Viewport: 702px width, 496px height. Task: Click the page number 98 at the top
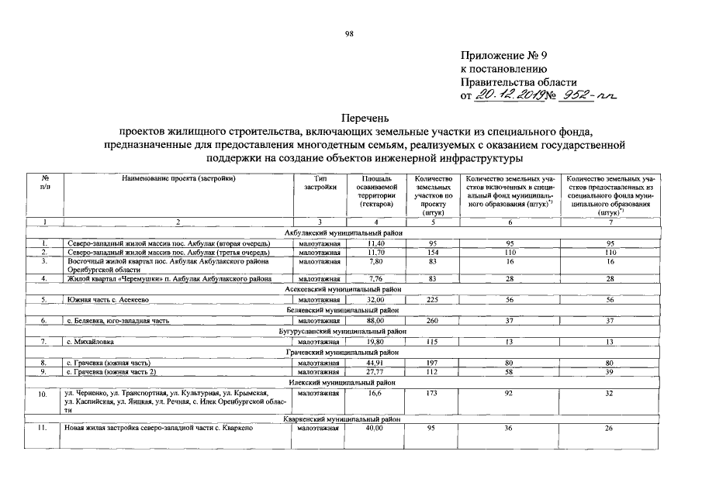coord(351,33)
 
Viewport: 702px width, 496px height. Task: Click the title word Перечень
coord(351,119)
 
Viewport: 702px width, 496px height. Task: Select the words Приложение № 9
coord(508,56)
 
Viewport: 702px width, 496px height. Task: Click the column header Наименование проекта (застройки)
coord(178,179)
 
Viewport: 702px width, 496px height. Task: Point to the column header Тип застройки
coord(320,183)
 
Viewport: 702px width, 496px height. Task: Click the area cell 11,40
coord(376,243)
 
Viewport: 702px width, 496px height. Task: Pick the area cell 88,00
coord(376,320)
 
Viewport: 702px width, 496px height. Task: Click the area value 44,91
coord(376,362)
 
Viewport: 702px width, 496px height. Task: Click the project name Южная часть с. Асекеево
coord(107,299)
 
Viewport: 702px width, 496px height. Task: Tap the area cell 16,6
coord(376,394)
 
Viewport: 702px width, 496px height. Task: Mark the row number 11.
coord(45,429)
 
